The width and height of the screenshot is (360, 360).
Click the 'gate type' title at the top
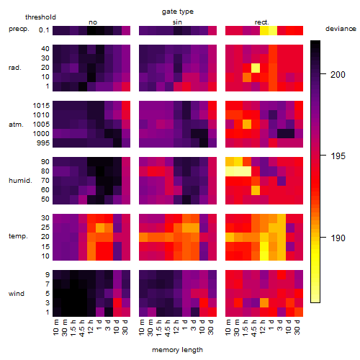(178, 12)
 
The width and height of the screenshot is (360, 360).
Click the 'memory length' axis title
(178, 350)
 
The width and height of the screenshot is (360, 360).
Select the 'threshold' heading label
(40, 17)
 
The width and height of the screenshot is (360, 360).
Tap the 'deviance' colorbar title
(341, 29)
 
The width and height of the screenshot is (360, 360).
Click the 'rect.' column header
(262, 22)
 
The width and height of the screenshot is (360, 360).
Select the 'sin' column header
(177, 22)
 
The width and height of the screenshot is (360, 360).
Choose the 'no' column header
(93, 22)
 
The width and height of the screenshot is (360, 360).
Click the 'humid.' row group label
(20, 181)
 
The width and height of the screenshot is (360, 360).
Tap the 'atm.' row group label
(16, 125)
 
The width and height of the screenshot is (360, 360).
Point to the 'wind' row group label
(17, 294)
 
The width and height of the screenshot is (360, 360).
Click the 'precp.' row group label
(19, 29)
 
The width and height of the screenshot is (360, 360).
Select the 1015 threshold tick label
(41, 106)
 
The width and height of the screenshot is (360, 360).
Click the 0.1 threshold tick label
(44, 30)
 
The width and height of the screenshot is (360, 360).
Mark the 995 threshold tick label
(43, 143)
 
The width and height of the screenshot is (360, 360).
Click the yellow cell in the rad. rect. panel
(256, 68)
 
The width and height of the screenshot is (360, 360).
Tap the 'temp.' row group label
(18, 236)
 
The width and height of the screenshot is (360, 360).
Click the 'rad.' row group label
(15, 68)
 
